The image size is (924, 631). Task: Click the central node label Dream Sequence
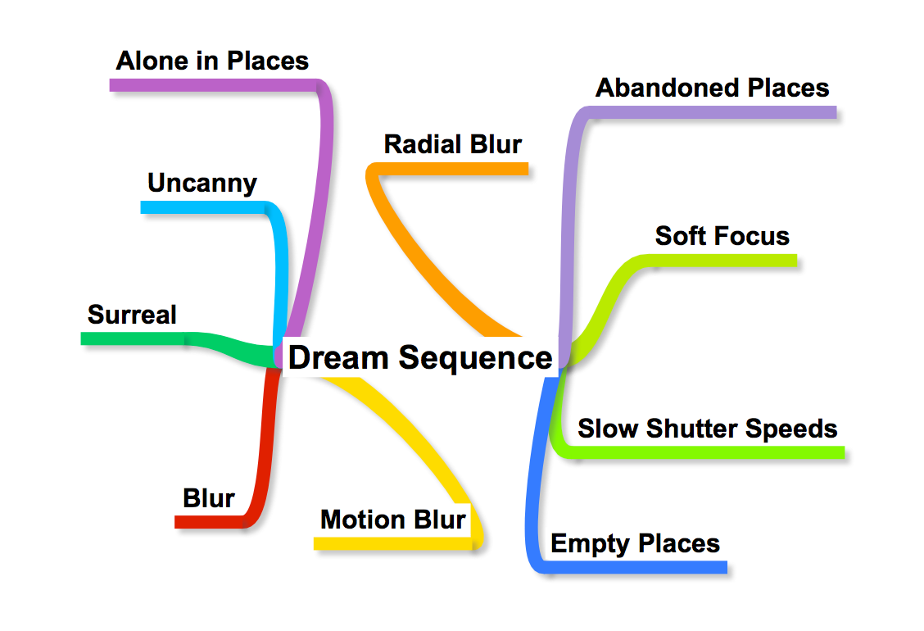click(x=420, y=358)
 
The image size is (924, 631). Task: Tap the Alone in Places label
click(x=212, y=61)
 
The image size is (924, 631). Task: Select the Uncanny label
click(x=202, y=183)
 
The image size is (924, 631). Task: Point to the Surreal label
click(x=132, y=314)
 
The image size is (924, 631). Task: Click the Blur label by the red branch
click(x=209, y=498)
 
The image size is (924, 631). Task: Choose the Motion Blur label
click(x=393, y=520)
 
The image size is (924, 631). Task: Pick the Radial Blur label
click(x=453, y=144)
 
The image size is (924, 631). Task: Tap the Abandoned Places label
click(x=712, y=88)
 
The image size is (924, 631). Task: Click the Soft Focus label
click(x=722, y=236)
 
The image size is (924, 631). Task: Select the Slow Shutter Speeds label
click(x=708, y=429)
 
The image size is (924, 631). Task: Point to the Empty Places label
click(x=635, y=543)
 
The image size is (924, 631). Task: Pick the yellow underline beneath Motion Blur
click(x=393, y=543)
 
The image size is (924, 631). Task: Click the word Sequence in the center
click(x=475, y=358)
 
